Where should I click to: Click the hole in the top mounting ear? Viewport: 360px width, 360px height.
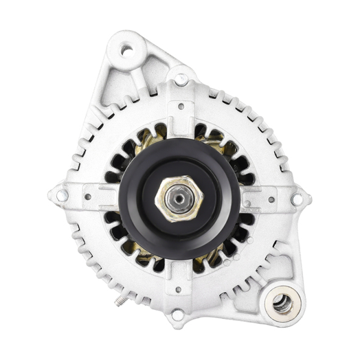click(127, 50)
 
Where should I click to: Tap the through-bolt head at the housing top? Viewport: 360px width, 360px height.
click(181, 78)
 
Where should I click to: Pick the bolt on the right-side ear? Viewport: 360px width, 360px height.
click(296, 199)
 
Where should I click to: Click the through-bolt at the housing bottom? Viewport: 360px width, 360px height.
click(178, 314)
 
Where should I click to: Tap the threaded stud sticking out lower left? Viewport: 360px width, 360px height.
click(122, 298)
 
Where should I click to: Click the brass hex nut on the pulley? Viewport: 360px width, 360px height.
click(179, 199)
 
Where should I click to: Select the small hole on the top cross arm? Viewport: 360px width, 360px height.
click(181, 106)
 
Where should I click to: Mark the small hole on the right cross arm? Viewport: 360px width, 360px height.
click(271, 199)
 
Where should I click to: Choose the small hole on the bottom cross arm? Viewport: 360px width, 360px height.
click(178, 289)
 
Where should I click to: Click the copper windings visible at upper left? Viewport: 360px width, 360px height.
click(146, 142)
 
